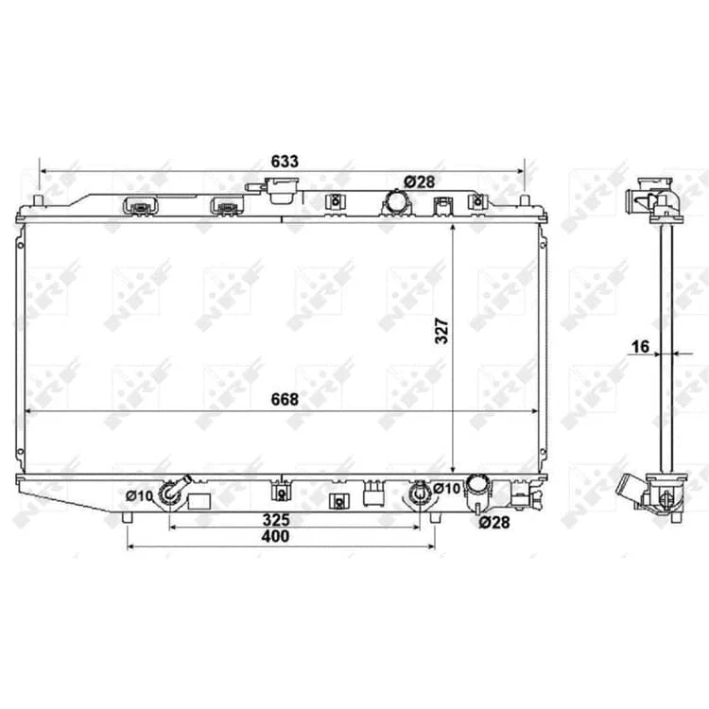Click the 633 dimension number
[x=285, y=162]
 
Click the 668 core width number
[x=285, y=400]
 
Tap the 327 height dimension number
[x=441, y=331]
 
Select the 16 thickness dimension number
[x=640, y=347]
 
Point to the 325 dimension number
[x=276, y=520]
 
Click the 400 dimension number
[x=275, y=536]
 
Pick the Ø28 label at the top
[x=419, y=182]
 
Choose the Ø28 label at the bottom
[x=494, y=523]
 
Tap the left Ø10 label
[x=140, y=496]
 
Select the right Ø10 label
[x=446, y=489]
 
